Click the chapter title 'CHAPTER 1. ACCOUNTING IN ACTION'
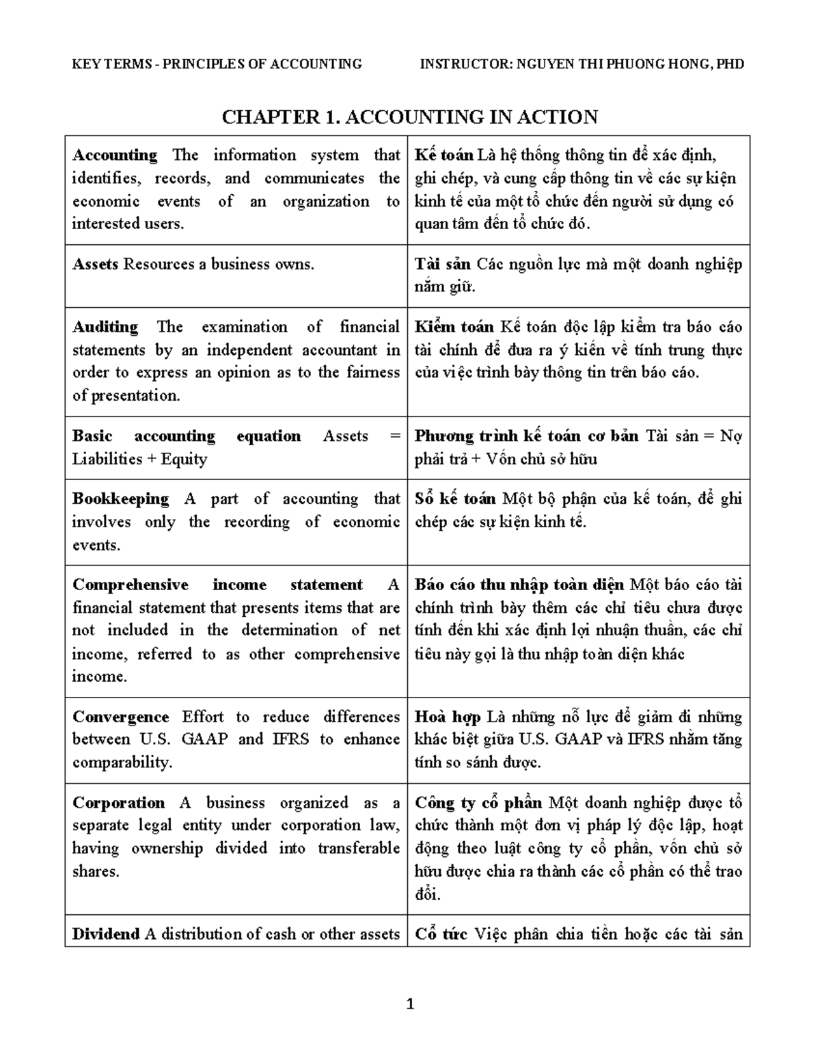409,117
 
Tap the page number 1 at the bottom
410,1005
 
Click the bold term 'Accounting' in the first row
115,155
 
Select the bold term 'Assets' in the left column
96,265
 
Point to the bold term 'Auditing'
105,327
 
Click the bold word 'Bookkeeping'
120,499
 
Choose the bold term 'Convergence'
121,717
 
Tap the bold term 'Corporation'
119,803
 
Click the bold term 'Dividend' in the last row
106,934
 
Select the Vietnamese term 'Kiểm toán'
454,327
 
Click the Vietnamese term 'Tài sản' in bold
443,265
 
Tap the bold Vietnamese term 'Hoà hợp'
447,717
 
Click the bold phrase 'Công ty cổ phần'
478,803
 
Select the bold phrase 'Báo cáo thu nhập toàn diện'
519,585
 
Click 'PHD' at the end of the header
730,64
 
